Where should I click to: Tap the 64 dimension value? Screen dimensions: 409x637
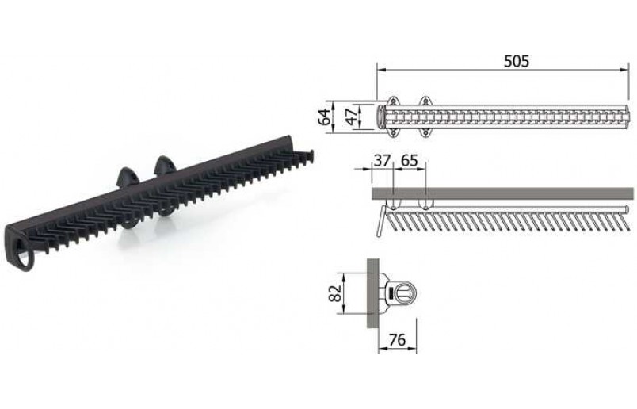(324, 116)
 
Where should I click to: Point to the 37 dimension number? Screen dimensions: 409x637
(382, 161)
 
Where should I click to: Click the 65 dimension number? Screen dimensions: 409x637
(409, 161)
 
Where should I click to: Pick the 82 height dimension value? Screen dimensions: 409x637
(335, 293)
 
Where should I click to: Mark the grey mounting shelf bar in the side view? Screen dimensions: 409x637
(507, 193)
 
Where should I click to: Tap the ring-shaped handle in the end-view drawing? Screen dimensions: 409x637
(403, 292)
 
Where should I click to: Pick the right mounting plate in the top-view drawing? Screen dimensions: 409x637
(425, 116)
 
